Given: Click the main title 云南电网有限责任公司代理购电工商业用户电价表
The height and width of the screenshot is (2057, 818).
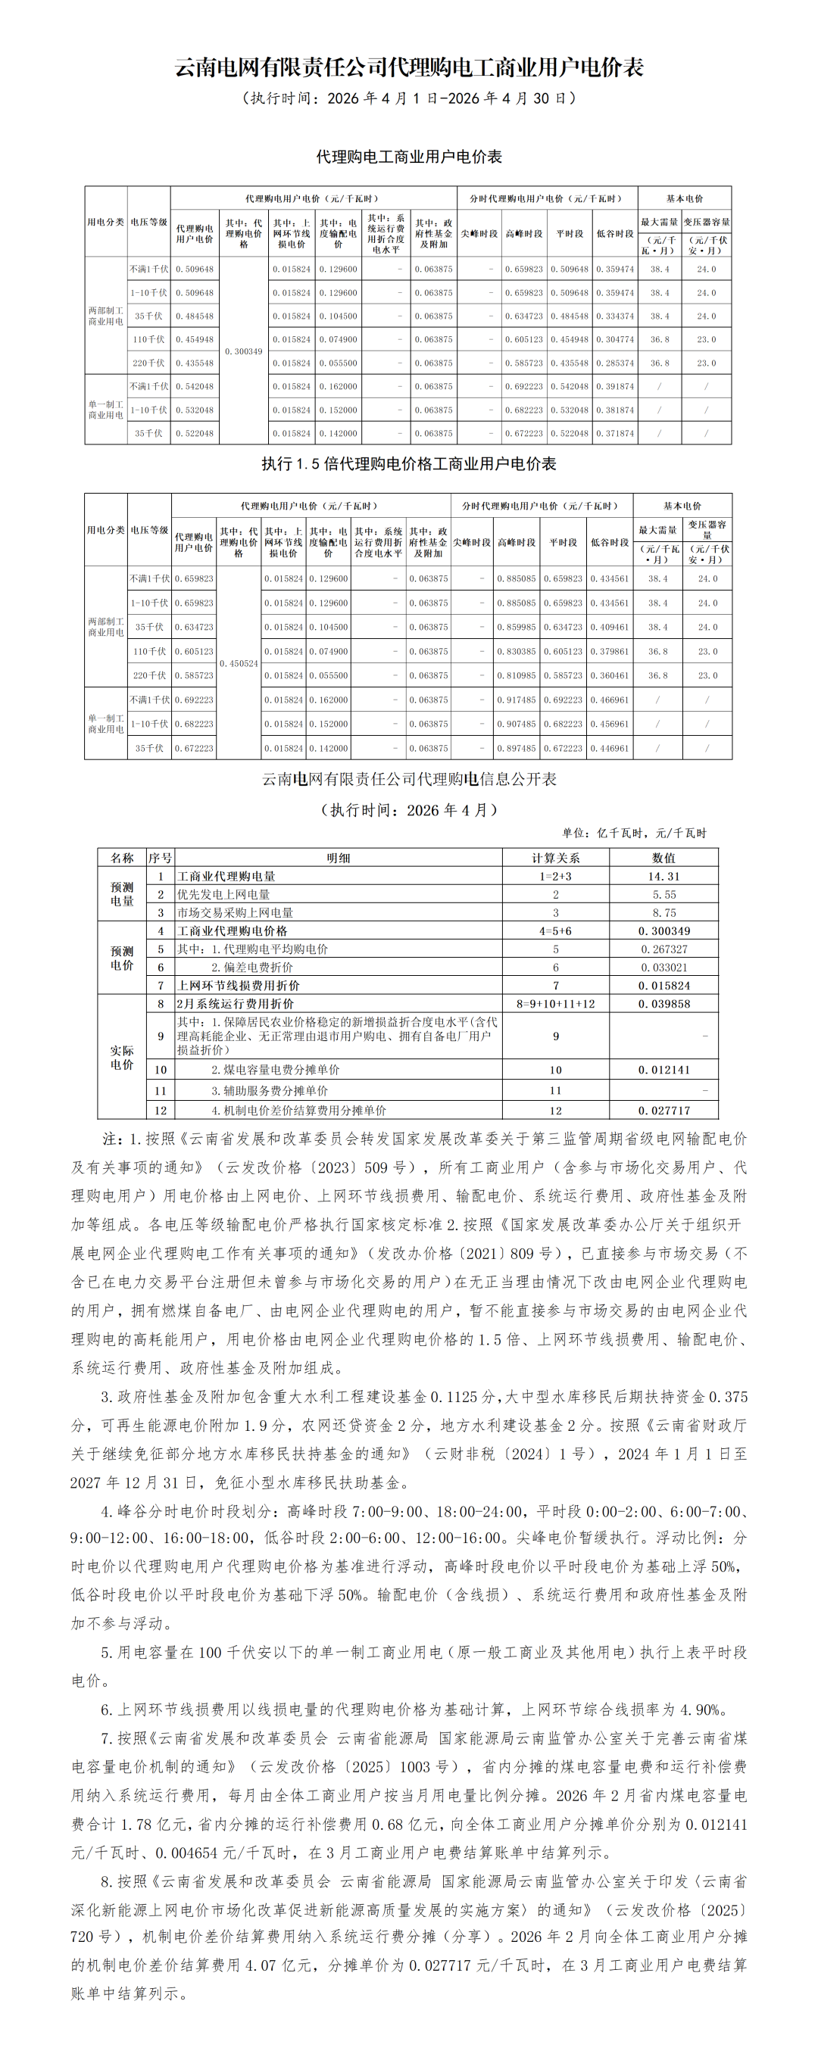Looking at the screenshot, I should pyautogui.click(x=409, y=67).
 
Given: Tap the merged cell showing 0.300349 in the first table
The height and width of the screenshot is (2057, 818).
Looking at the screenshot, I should pyautogui.click(x=244, y=351).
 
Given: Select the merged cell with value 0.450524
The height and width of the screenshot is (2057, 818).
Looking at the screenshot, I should pyautogui.click(x=239, y=663).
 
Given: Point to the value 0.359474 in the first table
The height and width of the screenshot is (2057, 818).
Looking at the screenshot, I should pyautogui.click(x=615, y=269).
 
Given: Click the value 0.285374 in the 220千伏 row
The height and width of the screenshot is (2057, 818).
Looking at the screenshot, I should pyautogui.click(x=615, y=363).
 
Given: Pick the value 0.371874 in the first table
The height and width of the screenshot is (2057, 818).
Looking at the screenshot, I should pyautogui.click(x=615, y=434).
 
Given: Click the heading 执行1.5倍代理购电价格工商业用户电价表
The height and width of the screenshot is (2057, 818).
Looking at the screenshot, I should pyautogui.click(x=409, y=464).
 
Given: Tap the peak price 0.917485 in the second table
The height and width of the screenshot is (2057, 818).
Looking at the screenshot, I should pyautogui.click(x=516, y=700).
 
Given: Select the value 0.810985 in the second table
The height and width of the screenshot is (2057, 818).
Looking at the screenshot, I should pyautogui.click(x=516, y=675).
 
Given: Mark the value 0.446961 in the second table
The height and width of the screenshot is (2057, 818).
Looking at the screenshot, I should pyautogui.click(x=610, y=749).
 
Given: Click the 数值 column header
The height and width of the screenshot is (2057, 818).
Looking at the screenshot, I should pyautogui.click(x=663, y=859).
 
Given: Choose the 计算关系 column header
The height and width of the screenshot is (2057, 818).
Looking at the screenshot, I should pyautogui.click(x=556, y=859).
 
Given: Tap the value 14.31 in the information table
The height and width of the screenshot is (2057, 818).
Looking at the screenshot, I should pyautogui.click(x=663, y=877).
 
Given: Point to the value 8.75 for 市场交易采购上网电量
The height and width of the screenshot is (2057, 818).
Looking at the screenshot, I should pyautogui.click(x=663, y=913).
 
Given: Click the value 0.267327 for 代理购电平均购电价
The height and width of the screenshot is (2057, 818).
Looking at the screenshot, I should pyautogui.click(x=663, y=949).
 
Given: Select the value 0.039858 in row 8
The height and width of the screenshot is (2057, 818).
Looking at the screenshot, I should pyautogui.click(x=663, y=1004).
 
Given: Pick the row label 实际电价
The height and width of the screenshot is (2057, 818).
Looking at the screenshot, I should pyautogui.click(x=122, y=1058).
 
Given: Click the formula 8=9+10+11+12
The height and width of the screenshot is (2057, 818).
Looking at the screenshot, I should pyautogui.click(x=556, y=1004).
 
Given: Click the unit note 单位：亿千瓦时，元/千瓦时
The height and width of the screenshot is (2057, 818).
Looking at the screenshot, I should pyautogui.click(x=634, y=834).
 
